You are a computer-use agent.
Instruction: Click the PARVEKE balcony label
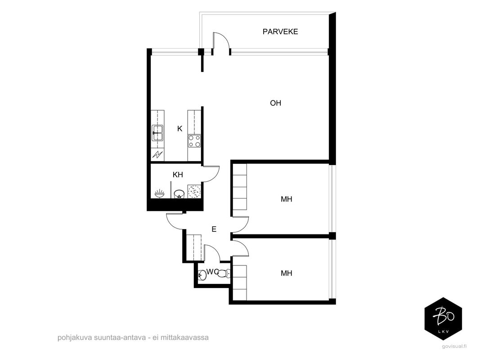pos(280,31)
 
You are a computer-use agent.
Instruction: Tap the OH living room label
pos(275,103)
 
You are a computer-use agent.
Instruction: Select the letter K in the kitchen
pos(179,129)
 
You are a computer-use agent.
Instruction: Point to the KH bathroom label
pos(178,175)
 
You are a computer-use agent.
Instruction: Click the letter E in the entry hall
pos(214,229)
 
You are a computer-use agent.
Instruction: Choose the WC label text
pos(212,272)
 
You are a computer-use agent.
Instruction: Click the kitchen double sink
pos(157,133)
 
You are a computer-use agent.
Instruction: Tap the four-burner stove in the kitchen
pos(194,141)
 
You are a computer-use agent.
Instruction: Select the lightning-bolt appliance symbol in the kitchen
pos(157,154)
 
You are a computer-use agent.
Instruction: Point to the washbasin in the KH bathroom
pos(159,193)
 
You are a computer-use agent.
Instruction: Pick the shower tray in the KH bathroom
pos(194,192)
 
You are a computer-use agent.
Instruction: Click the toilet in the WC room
pos(224,273)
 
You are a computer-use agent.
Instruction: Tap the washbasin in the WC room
pos(202,275)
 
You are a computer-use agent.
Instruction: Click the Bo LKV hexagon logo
pos(443,319)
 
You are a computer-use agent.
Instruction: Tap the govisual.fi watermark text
pos(454,346)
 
